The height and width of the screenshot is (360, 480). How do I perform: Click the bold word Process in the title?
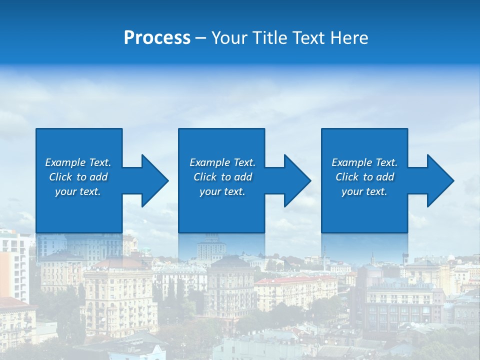157,38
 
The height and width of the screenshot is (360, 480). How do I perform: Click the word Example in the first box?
65,162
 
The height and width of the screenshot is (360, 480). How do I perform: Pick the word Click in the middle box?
204,177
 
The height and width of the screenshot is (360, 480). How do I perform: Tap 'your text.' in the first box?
78,191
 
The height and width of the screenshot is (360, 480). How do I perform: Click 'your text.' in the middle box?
222,191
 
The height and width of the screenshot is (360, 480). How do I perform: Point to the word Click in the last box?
346,177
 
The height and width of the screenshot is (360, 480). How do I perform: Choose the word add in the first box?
99,177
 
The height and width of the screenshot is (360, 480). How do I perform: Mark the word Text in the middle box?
244,162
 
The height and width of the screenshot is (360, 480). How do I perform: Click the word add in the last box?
385,177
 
